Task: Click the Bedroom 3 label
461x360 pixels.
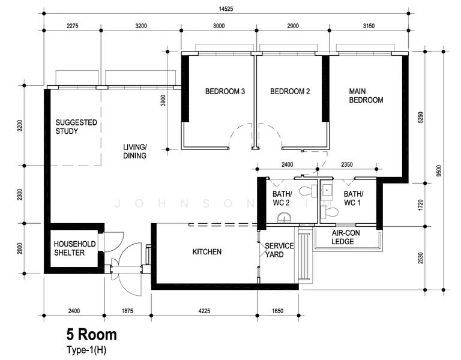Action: coord(225,91)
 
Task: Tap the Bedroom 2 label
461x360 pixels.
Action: coord(290,91)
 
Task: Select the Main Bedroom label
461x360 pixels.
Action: coord(366,95)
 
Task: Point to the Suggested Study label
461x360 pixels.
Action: coord(76,127)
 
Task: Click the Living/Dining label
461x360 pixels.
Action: coord(134,151)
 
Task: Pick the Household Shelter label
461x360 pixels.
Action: coord(74,248)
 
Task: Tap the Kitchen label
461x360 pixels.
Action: coord(207,252)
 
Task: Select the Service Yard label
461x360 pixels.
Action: coord(279,250)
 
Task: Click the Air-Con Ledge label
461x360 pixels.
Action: coord(346,237)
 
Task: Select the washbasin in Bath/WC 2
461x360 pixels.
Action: coord(285,218)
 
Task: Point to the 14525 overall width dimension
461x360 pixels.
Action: coord(226,9)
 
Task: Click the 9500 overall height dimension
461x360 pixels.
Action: coord(439,171)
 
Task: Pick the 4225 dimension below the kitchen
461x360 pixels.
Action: coord(204,311)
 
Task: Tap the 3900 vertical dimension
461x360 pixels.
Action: coord(163,101)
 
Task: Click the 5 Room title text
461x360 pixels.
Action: coord(91,335)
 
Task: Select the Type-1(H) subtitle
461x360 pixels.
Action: coord(86,350)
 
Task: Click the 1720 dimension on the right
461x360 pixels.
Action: coord(420,205)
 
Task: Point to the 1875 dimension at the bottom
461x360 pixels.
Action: coord(127,311)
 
